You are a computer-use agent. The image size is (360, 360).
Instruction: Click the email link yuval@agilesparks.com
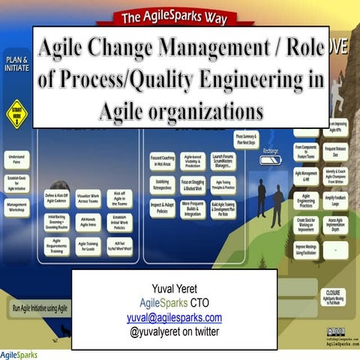174,317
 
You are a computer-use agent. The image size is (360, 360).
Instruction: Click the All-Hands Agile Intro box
87,222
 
